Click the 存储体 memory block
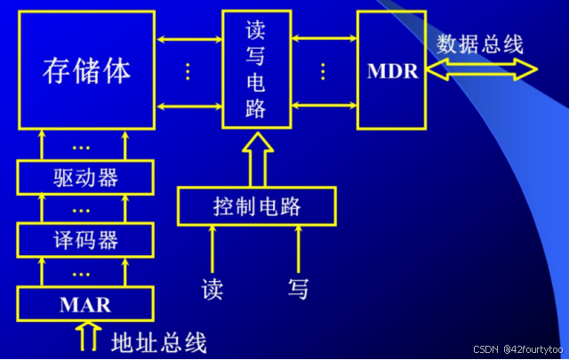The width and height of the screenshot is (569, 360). click(86, 69)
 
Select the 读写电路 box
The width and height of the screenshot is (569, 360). click(256, 69)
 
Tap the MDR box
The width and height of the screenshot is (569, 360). click(392, 69)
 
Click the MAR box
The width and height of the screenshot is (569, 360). click(85, 304)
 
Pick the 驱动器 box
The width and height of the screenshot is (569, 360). click(85, 177)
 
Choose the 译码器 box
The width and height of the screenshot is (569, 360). click(85, 239)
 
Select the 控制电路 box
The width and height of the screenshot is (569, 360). click(256, 206)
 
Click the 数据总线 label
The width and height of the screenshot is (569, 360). click(480, 44)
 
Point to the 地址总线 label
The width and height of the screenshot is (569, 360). click(159, 341)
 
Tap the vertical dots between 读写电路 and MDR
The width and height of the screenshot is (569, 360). click(324, 71)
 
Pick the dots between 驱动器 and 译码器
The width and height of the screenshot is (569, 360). click(82, 210)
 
